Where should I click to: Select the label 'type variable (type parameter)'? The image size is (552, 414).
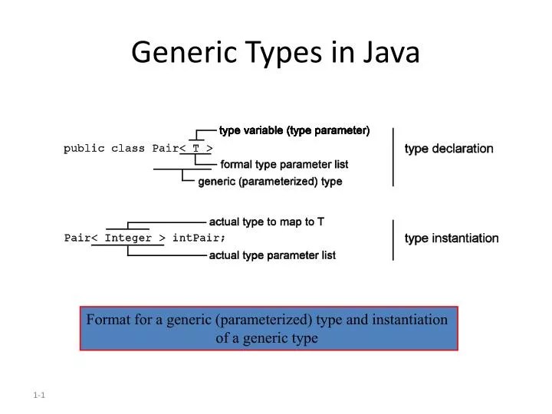294,130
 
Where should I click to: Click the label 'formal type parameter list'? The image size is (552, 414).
284,165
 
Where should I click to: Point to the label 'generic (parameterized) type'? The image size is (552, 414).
270,182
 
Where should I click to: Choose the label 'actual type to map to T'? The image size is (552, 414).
267,222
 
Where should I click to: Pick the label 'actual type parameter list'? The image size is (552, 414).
272,255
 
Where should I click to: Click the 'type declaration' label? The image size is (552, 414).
449,149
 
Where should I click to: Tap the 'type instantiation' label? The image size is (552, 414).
452,238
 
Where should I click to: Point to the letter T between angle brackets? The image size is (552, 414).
196,149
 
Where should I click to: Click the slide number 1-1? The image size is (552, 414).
41,395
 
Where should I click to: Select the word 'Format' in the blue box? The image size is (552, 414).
107,320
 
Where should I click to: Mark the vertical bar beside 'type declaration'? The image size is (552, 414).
393,156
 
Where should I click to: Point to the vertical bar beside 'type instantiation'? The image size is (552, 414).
393,239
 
